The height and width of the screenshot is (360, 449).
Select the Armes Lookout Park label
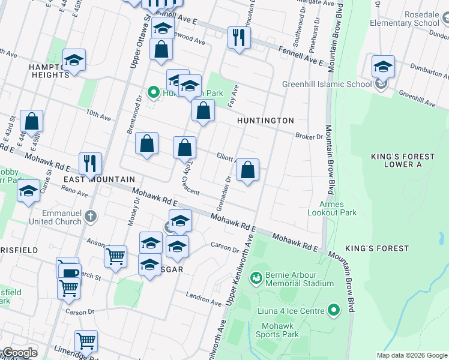point(332,208)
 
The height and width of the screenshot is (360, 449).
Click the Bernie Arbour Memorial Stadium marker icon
point(256,278)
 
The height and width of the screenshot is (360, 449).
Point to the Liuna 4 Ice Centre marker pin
point(335,310)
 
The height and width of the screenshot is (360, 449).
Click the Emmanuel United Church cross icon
point(91,216)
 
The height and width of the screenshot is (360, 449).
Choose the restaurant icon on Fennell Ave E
point(239,37)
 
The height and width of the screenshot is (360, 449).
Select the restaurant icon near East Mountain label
point(90,163)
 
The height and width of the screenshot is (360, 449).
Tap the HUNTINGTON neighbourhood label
point(265,121)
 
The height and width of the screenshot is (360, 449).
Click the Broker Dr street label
point(309,137)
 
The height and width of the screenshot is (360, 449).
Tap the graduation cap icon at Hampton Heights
point(74,59)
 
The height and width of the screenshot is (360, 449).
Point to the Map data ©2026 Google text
point(411,355)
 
